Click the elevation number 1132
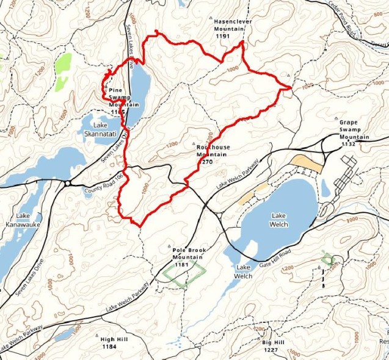tap(348, 145)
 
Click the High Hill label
tap(114, 339)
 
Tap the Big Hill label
tap(273, 344)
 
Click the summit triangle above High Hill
tap(98, 334)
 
